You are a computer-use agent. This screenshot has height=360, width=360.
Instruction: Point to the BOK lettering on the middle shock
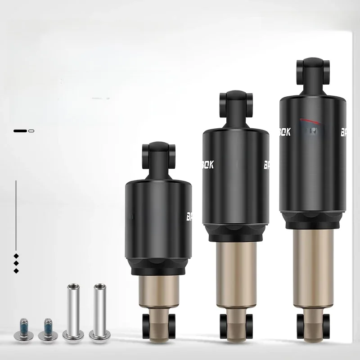208,165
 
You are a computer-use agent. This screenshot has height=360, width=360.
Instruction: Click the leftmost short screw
23,328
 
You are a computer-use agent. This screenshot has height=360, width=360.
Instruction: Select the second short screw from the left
46,328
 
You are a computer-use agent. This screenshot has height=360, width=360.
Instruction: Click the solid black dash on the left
20,130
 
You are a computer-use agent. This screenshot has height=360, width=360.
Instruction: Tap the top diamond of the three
16,255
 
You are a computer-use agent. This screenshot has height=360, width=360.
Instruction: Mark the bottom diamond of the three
16,270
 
